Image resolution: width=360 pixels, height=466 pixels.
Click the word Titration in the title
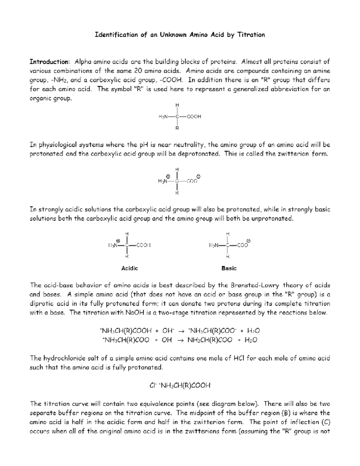point(251,35)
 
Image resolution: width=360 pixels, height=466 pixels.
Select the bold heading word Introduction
point(49,62)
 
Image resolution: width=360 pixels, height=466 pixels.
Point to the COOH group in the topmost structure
point(194,116)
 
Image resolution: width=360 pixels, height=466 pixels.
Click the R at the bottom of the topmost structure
point(177,128)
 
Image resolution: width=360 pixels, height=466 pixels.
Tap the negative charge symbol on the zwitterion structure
point(199,176)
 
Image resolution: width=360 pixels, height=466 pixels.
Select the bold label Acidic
point(130,268)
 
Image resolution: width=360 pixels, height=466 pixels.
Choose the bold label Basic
point(229,268)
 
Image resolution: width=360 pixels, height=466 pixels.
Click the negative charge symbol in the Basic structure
point(249,241)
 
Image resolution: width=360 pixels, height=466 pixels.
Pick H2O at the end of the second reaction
point(251,340)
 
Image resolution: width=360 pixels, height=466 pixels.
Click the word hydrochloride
point(63,358)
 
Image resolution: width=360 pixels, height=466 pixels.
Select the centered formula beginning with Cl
point(180,385)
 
